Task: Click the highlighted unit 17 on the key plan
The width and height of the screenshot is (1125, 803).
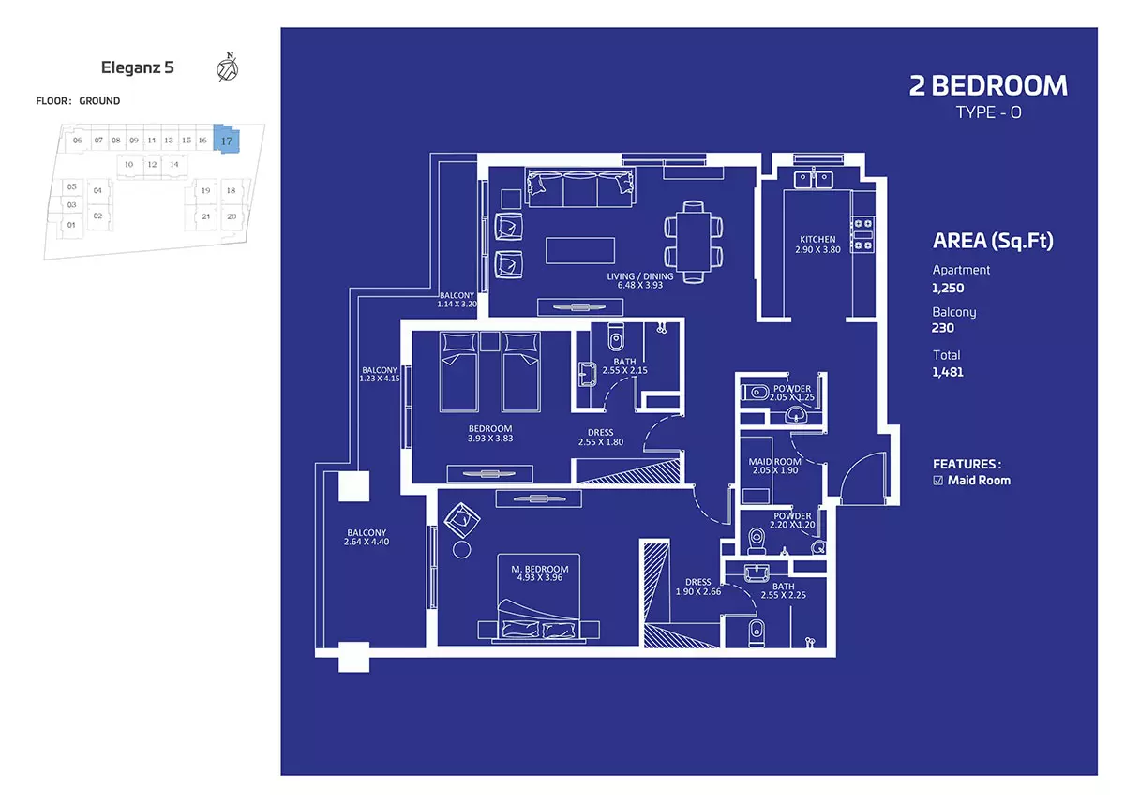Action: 227,139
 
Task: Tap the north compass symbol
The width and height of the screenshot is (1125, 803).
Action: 228,67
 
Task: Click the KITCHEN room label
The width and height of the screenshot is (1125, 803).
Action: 817,239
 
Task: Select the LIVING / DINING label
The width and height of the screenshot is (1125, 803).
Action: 639,276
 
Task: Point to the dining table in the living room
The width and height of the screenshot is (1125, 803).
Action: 694,242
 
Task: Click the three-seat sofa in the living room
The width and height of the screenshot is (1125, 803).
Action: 580,187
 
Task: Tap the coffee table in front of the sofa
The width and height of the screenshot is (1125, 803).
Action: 580,250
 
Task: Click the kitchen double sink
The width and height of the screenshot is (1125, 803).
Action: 813,179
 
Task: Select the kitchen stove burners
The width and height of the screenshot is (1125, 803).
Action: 862,234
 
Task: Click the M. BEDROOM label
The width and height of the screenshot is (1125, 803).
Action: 540,569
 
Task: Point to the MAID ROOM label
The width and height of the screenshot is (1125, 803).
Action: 774,461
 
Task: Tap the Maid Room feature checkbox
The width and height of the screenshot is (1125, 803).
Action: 937,481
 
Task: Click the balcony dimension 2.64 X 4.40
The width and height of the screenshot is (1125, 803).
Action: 367,542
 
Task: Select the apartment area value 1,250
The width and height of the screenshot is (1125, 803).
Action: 948,288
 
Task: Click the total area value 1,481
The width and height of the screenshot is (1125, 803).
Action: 948,372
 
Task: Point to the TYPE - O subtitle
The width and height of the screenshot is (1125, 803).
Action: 988,112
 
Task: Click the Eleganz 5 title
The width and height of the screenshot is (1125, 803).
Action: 138,67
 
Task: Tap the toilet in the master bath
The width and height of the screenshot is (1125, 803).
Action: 757,633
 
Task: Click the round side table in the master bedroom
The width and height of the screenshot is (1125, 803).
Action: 461,550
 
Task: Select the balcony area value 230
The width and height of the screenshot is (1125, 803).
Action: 943,328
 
